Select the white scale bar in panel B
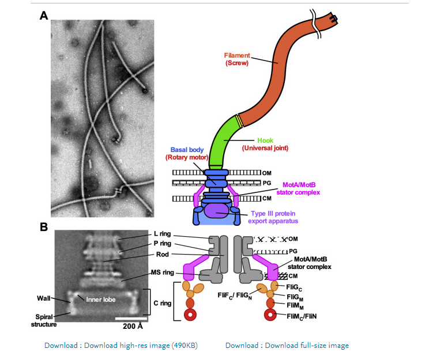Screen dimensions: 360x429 (132, 317)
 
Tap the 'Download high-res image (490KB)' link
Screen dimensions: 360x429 (121, 346)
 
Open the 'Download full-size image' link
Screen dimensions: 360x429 (287, 346)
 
